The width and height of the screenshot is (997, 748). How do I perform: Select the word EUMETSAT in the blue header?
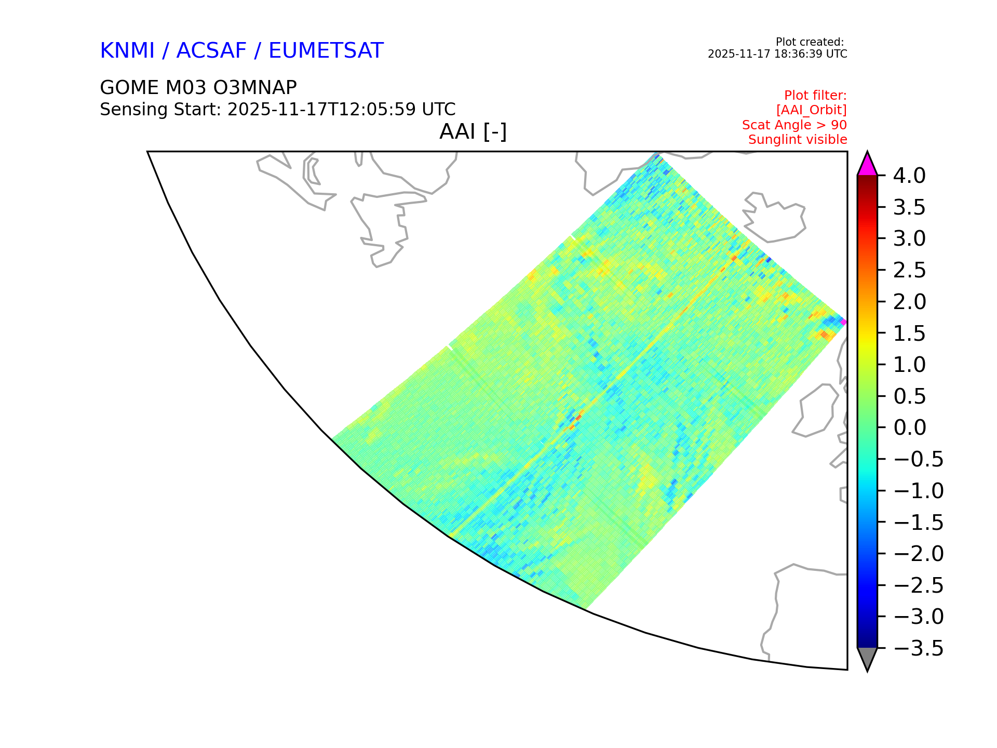pos(326,51)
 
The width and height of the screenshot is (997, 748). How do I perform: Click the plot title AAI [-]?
pos(473,131)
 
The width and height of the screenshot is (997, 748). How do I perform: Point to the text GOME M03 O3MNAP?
pos(198,88)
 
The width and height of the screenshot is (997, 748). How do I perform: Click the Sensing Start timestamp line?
pos(278,110)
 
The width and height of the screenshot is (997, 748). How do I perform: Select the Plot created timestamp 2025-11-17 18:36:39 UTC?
pos(777,54)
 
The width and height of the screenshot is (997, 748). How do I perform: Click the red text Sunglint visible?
pos(798,140)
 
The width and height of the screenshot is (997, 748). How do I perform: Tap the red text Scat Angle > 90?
pos(794,125)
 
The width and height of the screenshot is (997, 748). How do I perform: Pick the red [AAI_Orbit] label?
pos(812,110)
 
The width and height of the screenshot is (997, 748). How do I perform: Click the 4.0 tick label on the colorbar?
pos(909,176)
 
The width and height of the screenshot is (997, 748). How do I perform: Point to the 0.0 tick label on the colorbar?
pos(909,428)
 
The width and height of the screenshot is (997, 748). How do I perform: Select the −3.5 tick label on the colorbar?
pos(918,648)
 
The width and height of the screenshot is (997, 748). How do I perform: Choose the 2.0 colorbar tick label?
pos(909,302)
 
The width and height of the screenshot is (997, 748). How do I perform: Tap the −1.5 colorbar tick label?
pos(918,523)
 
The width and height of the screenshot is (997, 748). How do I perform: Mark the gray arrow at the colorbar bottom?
pos(867,658)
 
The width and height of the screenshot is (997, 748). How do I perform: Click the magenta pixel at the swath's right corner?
pos(843,323)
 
